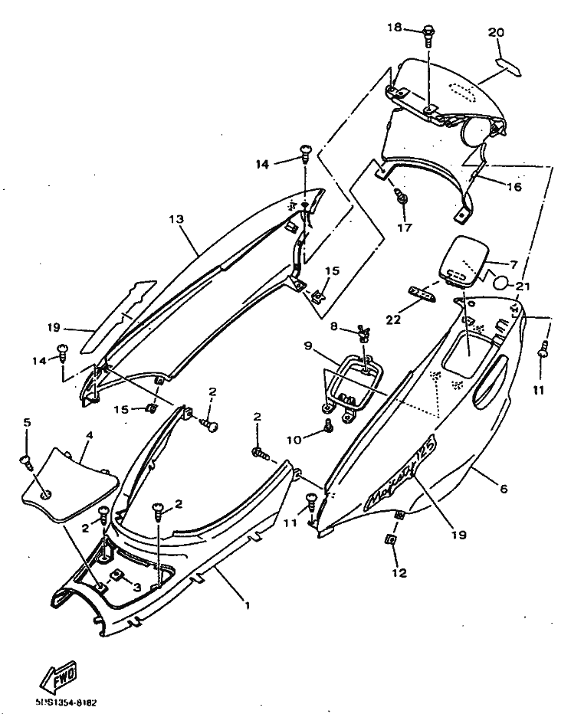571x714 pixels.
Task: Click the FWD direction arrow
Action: (58, 676)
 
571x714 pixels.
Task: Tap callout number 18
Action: (394, 28)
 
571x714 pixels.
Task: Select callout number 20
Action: (496, 32)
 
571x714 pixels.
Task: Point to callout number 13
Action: (176, 219)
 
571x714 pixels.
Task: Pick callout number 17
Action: (404, 227)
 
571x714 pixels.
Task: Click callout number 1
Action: (247, 604)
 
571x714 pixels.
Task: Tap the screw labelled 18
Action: (429, 34)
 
